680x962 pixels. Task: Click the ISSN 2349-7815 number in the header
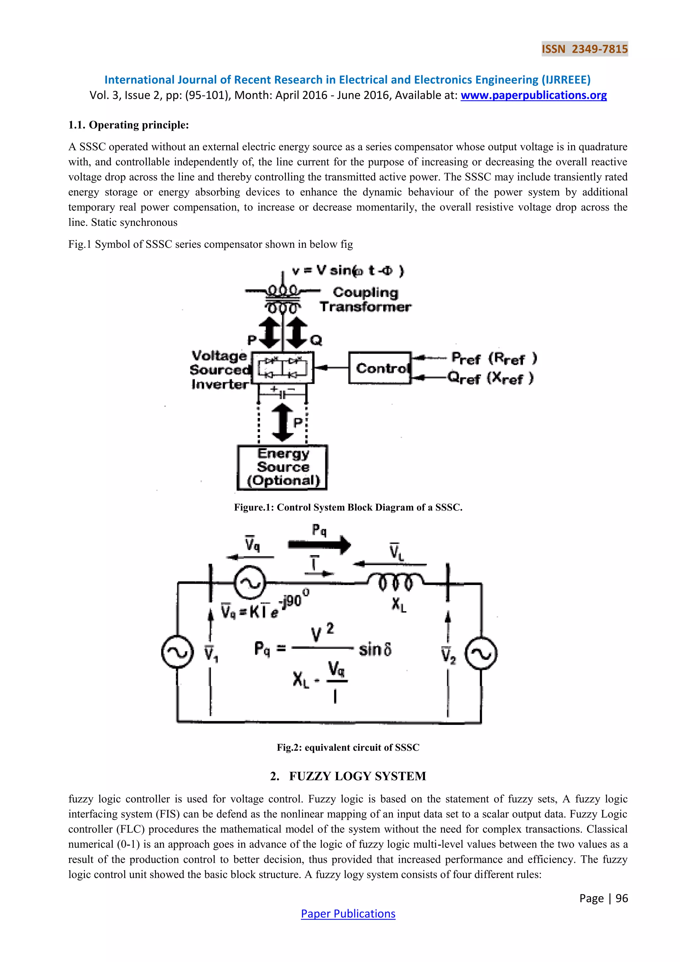coord(584,49)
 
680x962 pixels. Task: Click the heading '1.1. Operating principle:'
coord(128,125)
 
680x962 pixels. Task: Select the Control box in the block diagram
coord(380,368)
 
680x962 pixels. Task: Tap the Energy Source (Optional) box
coord(283,467)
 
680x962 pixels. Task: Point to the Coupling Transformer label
coord(366,300)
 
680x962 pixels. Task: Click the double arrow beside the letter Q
coord(297,333)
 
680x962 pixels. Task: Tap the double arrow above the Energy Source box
coord(283,422)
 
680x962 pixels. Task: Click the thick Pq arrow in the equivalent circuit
coord(319,545)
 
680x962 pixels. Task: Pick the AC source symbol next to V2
coord(481,654)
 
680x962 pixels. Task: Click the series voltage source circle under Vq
coord(250,583)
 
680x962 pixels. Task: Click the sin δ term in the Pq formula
coord(375,649)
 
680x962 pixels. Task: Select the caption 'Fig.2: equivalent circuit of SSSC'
coord(348,747)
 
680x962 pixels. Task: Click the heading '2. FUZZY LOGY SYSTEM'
coord(348,776)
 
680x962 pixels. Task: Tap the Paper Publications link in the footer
coord(348,914)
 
